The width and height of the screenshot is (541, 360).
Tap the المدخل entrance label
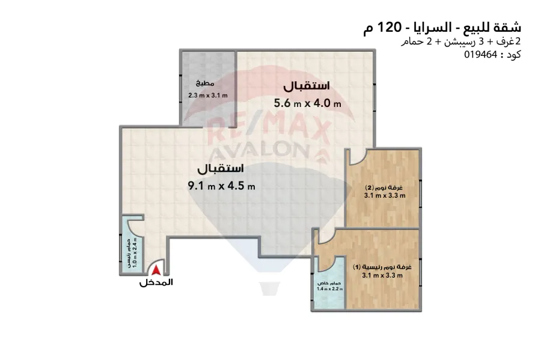(x=156, y=282)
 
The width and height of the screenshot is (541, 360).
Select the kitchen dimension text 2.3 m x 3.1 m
(x=207, y=96)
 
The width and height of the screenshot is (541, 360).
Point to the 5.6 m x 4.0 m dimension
(x=307, y=103)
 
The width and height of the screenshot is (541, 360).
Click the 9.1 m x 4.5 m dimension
(x=222, y=186)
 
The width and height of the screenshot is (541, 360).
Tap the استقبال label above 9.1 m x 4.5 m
(x=221, y=167)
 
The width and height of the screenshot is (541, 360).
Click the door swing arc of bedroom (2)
(x=355, y=157)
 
